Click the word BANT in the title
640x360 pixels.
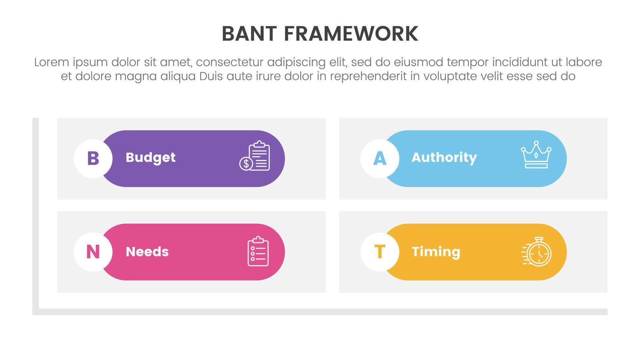249,34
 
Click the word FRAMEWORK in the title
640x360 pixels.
351,34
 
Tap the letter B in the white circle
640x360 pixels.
93,158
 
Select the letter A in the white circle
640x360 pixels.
380,158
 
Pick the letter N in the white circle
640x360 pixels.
93,252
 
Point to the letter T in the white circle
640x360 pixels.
380,252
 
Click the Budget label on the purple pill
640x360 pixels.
151,158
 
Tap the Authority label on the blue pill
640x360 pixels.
444,158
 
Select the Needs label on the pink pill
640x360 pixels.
147,252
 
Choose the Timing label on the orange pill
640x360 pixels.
436,252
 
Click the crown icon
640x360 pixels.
536,155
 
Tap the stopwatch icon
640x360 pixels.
537,252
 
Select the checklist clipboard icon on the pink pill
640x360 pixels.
258,251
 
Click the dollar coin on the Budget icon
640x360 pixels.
246,163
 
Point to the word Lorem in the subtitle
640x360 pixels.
52,62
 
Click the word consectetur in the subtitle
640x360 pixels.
229,62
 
